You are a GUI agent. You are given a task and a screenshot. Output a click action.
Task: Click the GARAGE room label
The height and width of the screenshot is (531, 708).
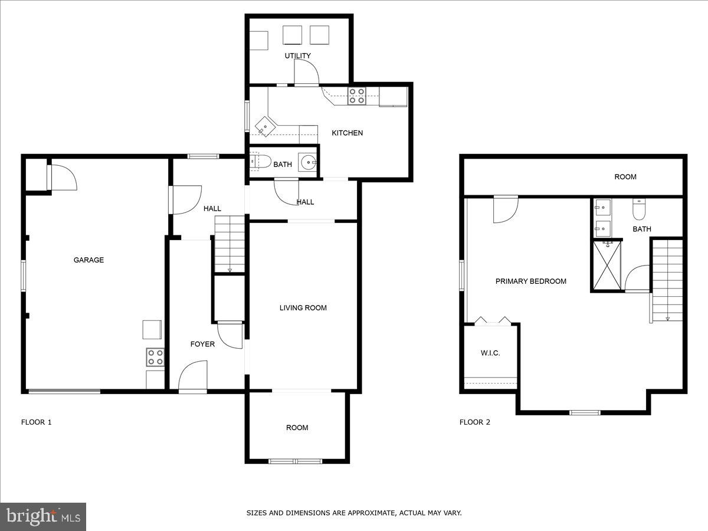coord(88,260)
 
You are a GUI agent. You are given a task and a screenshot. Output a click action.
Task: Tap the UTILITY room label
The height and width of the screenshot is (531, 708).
coord(297,56)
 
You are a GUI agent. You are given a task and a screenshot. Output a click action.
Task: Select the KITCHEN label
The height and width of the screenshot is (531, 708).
coord(347,133)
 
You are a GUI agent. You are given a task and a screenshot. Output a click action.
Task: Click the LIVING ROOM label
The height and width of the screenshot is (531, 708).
coord(303,307)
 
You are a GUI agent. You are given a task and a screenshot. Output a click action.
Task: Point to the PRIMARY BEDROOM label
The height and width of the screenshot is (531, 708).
coord(530,281)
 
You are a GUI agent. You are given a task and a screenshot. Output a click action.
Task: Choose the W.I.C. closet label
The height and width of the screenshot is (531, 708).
coord(490,353)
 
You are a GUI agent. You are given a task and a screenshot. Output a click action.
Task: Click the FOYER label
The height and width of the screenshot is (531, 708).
coord(202,344)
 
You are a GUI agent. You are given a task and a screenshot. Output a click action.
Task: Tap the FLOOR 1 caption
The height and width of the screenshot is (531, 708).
coord(37,422)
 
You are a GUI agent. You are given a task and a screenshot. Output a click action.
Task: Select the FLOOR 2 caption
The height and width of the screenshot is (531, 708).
coord(475,422)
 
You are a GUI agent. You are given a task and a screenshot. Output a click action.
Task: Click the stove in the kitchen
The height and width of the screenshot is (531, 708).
coord(356,96)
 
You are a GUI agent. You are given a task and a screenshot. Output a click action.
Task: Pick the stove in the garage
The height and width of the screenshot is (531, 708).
coord(155,357)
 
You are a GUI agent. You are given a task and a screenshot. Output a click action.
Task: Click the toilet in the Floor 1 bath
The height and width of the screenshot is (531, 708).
coord(260,161)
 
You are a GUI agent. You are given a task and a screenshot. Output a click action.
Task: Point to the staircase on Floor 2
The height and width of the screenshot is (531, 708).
coord(667,280)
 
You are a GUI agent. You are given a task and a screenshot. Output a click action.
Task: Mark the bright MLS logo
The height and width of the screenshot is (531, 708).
coord(43,517)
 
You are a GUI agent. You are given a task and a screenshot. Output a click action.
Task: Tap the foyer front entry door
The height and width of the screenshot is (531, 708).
coord(193,378)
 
